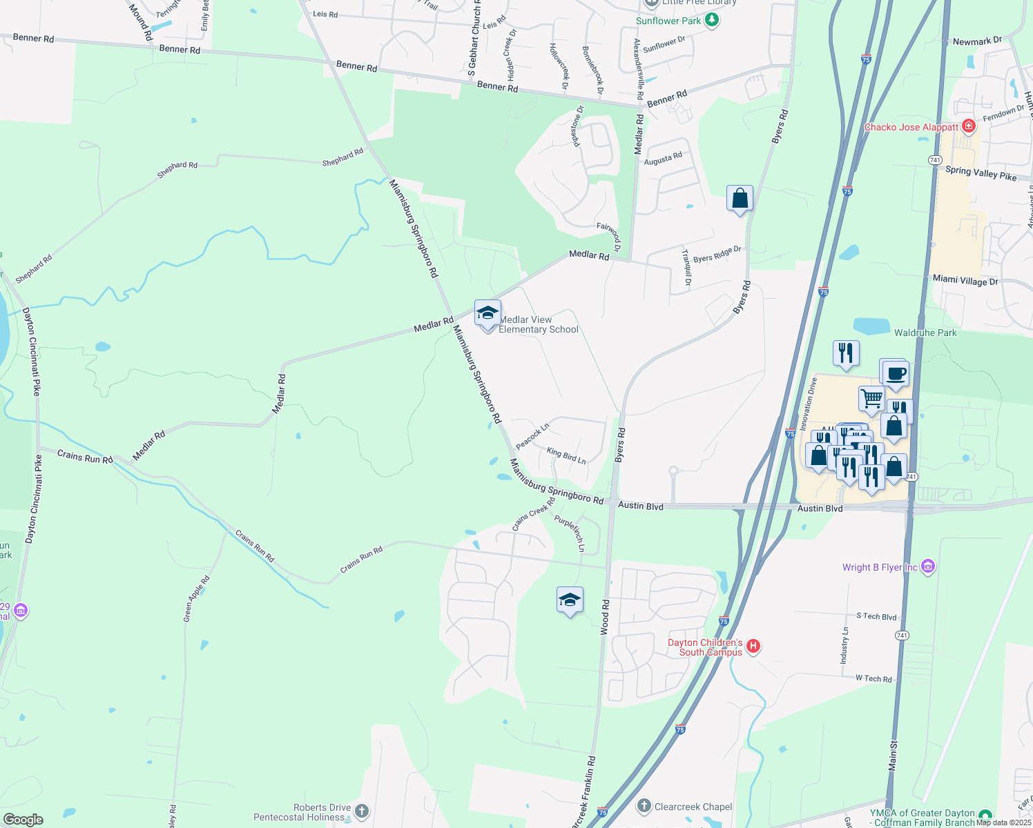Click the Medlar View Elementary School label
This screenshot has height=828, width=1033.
coord(538,324)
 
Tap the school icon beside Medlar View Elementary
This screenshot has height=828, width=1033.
coord(487,313)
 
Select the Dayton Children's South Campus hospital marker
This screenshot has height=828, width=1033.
coord(753,647)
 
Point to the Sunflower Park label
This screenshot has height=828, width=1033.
coord(668,21)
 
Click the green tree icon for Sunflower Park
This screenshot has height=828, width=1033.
coord(712,20)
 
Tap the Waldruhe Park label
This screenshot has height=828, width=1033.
coord(925,333)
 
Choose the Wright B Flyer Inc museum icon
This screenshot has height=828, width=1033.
coord(928,567)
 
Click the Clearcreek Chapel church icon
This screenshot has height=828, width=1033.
coord(644,805)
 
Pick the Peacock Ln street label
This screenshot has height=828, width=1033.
coord(532,436)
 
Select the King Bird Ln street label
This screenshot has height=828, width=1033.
coord(566,455)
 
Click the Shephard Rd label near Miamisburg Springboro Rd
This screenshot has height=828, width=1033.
coord(342,157)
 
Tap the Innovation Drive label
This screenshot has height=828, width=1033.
coord(808,404)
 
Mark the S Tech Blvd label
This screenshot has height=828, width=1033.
coord(876,616)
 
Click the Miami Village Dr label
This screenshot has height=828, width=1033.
coord(965,280)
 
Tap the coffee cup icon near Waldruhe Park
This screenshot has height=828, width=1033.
coord(896,375)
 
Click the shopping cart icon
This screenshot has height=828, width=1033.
coord(871,398)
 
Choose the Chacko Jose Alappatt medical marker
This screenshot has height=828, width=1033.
coord(969,126)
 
